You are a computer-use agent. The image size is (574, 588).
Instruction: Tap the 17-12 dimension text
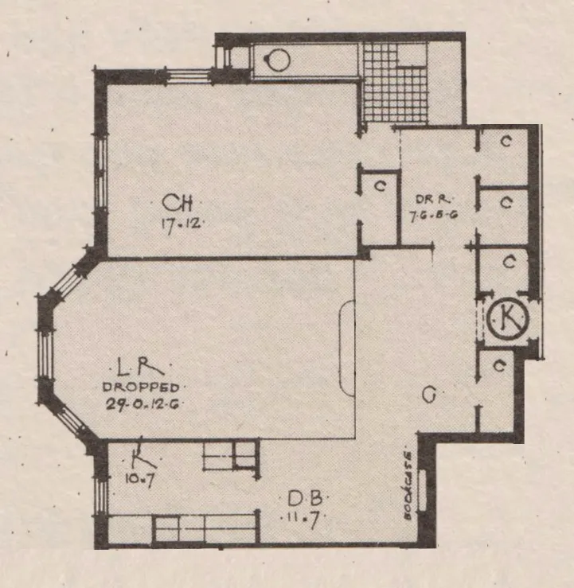point(178,224)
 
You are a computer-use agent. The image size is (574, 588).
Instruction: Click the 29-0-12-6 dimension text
point(141,403)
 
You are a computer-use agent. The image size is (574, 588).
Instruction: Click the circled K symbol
point(507,320)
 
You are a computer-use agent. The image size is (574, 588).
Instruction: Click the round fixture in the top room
point(278,60)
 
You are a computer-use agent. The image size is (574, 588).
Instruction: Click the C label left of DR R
point(380,187)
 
